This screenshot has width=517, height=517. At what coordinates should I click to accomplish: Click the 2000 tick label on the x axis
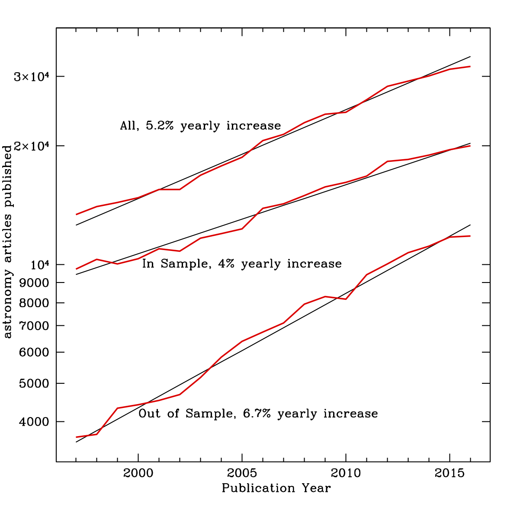coord(138,473)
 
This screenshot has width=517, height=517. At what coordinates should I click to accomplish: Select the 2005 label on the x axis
coord(242,473)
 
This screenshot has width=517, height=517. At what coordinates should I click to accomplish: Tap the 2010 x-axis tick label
coord(346,473)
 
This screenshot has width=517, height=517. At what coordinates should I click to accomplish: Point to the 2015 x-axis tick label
coord(450,473)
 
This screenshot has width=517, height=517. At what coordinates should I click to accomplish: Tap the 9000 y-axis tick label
coord(36,283)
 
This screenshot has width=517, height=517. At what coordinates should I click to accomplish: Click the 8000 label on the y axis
coord(36,303)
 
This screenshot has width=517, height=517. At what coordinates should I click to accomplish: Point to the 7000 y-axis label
coord(36,326)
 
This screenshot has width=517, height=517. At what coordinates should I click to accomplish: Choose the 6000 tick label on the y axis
coord(36,353)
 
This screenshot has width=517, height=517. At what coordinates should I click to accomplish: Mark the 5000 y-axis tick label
coord(36,384)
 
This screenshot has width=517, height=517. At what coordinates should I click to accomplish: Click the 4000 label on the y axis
coord(36,422)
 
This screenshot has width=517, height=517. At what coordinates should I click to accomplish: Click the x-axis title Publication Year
coord(276,488)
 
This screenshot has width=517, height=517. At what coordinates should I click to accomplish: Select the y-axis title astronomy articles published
coord(7,242)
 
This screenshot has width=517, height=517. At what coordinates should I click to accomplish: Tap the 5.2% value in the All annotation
coord(161,126)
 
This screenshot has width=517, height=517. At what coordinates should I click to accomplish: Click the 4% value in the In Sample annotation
coord(225,264)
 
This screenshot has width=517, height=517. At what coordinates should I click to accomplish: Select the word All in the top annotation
coord(128,126)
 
